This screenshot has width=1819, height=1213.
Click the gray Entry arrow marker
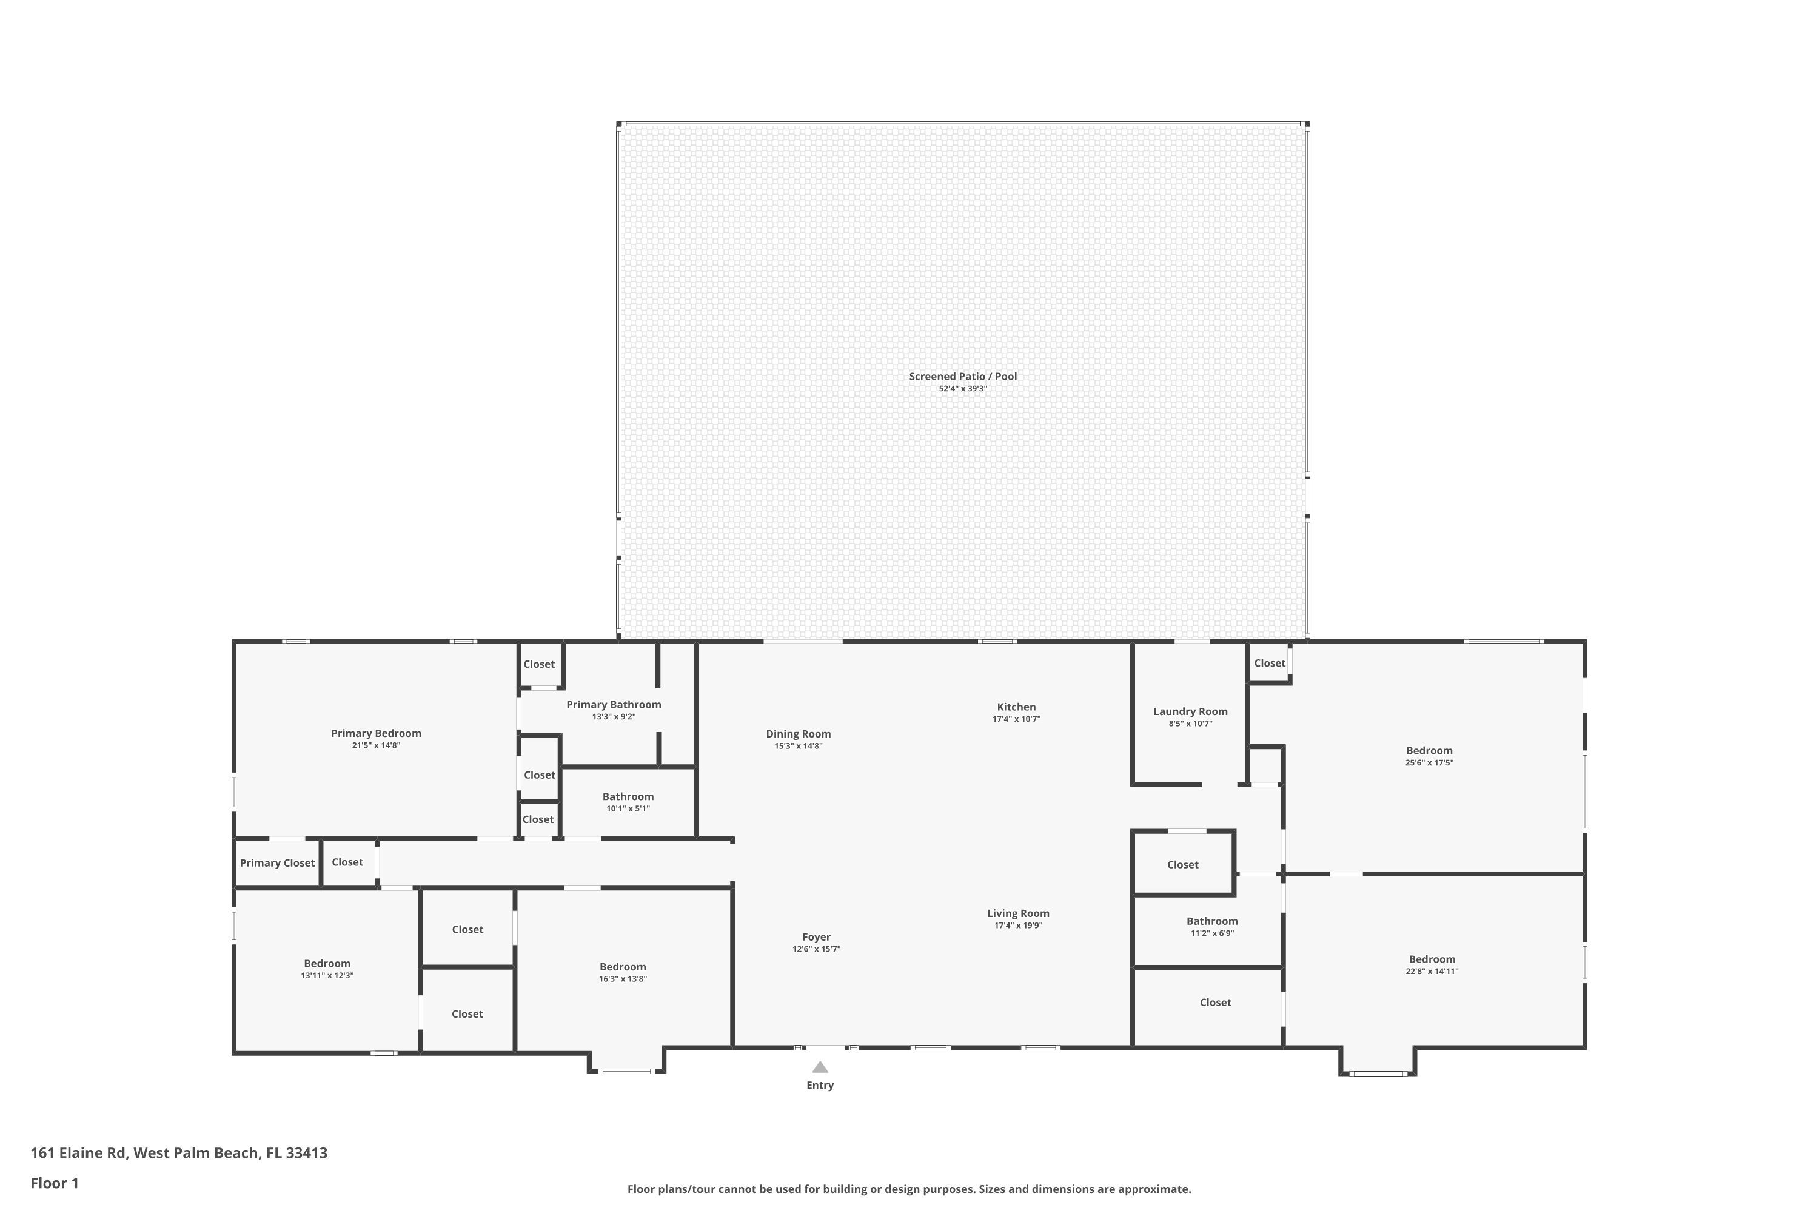(820, 1067)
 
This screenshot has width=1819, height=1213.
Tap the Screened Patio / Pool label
(962, 377)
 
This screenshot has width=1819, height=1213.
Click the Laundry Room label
(1190, 711)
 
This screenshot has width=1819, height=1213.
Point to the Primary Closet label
(277, 863)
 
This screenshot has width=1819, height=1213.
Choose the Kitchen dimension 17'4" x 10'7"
(1016, 719)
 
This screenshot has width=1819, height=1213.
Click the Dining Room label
(798, 734)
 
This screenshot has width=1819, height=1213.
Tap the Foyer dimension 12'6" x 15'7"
(816, 949)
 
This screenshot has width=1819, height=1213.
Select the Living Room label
(1018, 913)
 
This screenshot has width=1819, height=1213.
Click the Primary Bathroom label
(613, 705)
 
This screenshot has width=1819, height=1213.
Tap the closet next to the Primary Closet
(347, 862)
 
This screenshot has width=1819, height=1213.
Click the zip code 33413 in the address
(306, 1153)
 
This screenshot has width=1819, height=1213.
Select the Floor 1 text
(54, 1183)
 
